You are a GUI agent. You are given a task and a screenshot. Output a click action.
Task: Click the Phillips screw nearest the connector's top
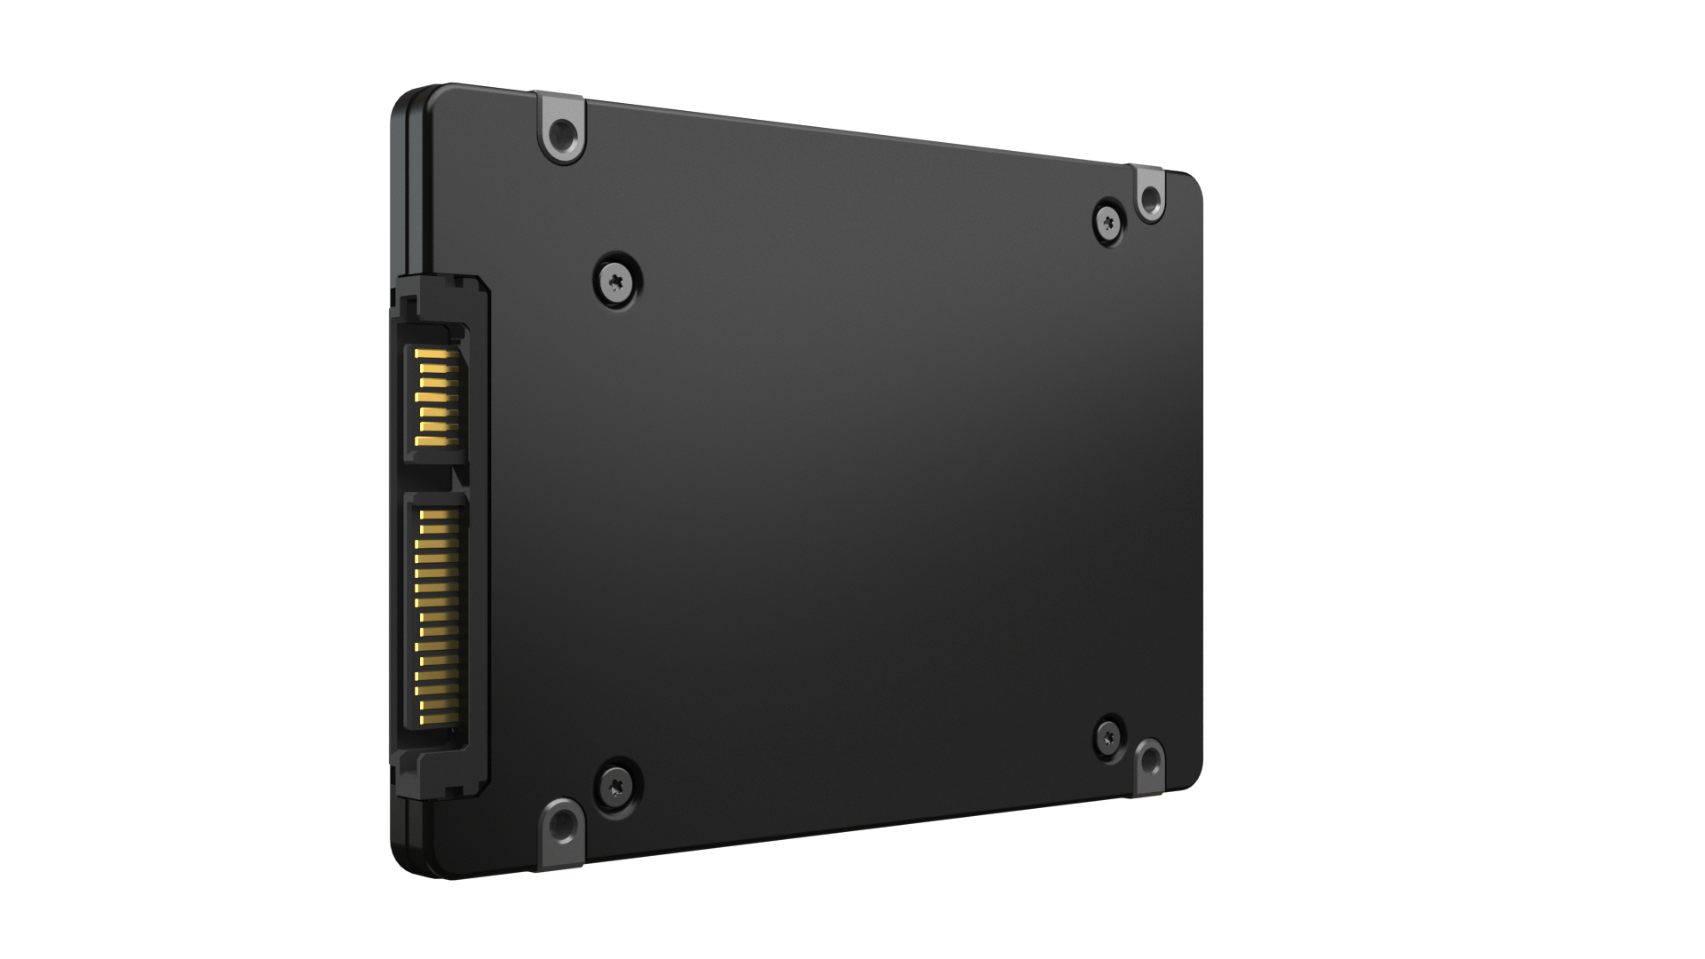(617, 281)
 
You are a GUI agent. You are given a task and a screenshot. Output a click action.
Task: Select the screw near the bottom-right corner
(1109, 736)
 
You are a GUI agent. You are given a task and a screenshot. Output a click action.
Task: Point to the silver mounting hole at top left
(561, 136)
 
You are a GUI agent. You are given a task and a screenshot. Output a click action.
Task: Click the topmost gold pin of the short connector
(437, 355)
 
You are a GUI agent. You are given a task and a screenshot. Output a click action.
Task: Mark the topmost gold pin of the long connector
(439, 515)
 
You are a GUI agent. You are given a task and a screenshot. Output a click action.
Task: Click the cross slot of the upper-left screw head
(617, 281)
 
